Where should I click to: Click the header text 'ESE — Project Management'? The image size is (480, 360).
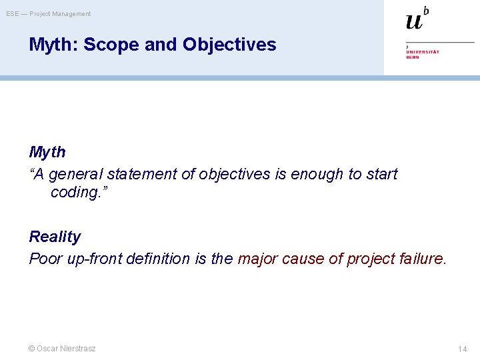point(49,14)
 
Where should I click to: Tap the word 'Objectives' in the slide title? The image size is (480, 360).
point(229,45)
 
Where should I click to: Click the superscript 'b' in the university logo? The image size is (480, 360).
point(426,11)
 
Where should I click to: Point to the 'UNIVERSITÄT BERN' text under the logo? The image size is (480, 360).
point(422,54)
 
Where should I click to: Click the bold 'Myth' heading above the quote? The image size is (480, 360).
point(47,152)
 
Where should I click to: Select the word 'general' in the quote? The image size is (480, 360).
point(75,175)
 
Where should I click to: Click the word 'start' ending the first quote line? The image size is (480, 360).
point(382,175)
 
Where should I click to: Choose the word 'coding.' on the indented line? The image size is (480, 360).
point(78,192)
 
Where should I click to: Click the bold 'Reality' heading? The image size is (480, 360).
point(55,237)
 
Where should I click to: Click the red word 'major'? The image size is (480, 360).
point(258,259)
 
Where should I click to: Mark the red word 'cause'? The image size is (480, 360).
point(303,259)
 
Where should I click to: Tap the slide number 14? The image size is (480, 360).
point(462,349)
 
